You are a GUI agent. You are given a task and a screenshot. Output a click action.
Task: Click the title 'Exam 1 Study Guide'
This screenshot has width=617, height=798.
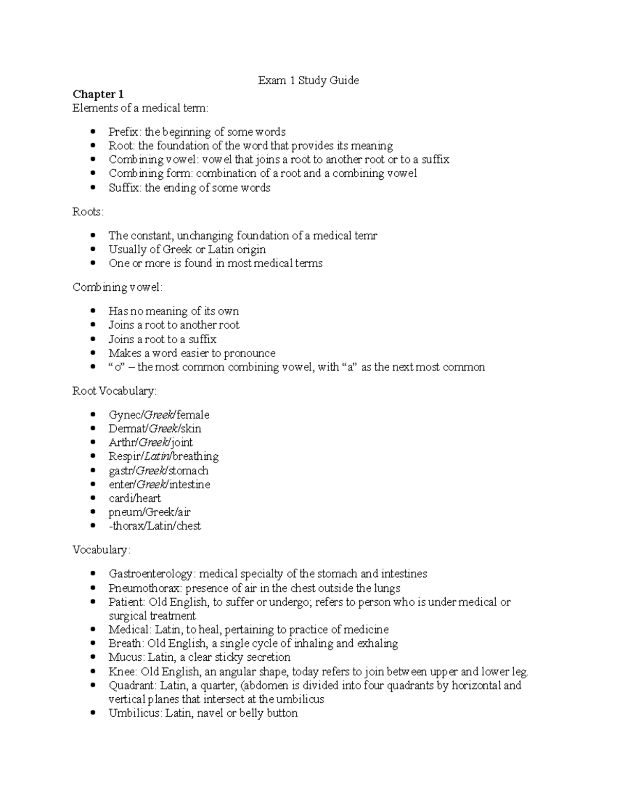tap(308, 80)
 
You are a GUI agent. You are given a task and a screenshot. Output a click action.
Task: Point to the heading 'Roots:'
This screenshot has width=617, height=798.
tap(88, 212)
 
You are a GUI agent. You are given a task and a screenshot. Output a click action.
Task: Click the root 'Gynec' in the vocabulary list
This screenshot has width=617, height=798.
tap(121, 415)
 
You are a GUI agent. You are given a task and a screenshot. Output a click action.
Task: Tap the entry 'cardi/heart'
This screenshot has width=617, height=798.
tap(135, 498)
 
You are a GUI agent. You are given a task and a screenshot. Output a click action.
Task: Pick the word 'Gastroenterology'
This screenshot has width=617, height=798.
tap(151, 573)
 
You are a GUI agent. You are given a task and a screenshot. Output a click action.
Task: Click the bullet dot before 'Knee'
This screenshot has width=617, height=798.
tap(93, 672)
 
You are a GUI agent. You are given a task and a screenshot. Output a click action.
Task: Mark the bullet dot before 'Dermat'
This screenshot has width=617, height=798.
tap(93, 429)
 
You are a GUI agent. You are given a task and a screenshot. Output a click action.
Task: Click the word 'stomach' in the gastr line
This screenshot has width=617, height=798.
tap(188, 471)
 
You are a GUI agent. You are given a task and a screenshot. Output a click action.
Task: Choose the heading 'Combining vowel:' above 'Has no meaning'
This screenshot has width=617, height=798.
tap(117, 287)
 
